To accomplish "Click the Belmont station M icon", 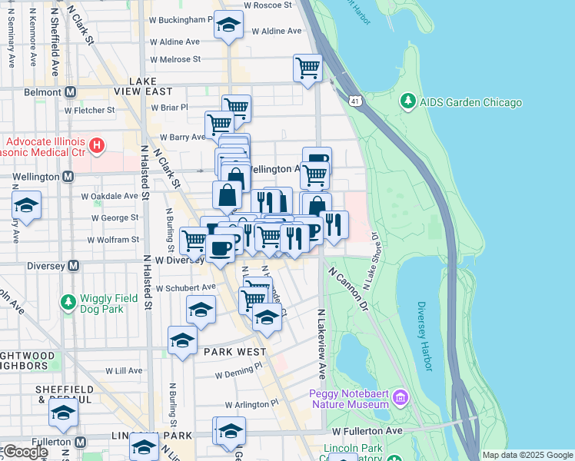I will [71, 92].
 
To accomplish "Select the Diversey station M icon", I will [73, 266].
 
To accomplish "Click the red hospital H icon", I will [97, 144].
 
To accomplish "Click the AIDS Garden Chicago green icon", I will [407, 102].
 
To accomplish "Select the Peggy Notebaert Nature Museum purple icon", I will [399, 398].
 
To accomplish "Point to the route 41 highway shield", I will [354, 101].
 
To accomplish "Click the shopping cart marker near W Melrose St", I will [307, 68].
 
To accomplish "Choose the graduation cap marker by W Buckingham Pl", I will [228, 25].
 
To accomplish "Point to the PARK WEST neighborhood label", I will [234, 351].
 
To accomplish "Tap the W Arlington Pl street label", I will [251, 404].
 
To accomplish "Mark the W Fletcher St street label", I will [89, 110].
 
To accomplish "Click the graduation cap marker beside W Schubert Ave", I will [201, 310].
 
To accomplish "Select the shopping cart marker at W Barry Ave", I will [219, 123].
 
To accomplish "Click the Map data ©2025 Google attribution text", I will [527, 455].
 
